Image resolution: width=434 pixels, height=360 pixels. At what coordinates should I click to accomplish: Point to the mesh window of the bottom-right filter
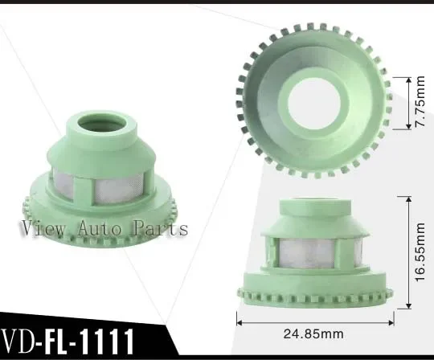(x=317, y=252)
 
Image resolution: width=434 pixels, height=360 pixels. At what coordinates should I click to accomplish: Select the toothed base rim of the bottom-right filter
(x=314, y=287)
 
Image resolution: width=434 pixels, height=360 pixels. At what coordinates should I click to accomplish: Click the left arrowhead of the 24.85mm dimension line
(x=239, y=319)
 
